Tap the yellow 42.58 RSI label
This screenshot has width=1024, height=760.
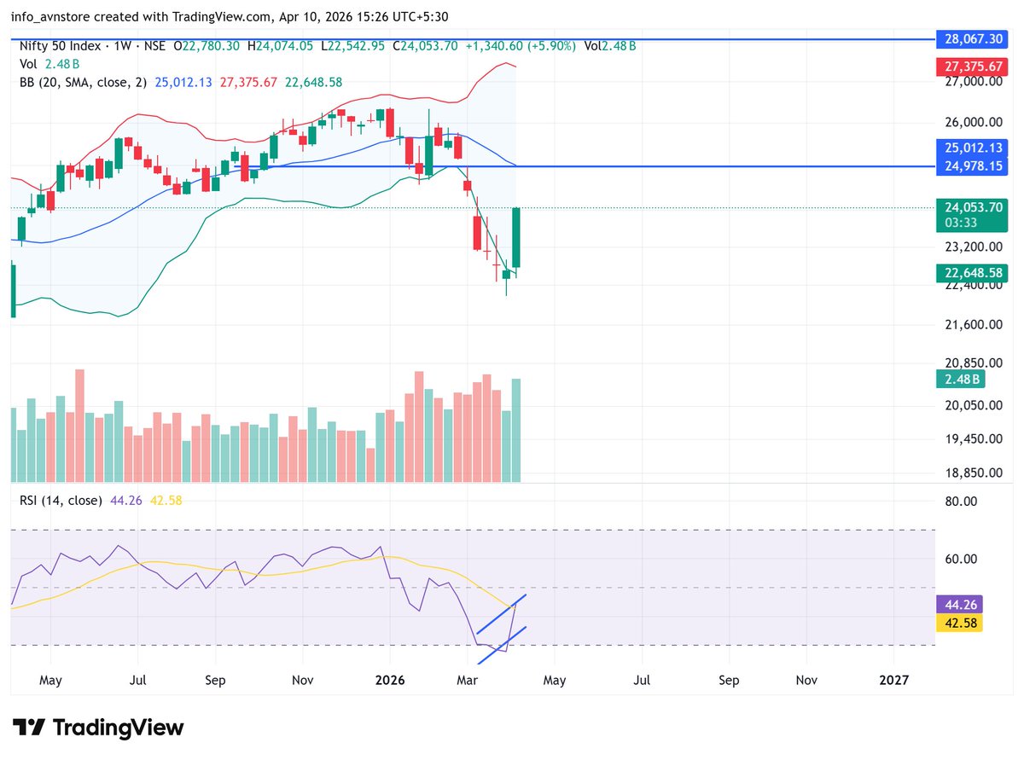(959, 622)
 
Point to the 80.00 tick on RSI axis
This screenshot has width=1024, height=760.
(963, 502)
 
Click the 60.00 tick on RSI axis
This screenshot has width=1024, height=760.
(963, 559)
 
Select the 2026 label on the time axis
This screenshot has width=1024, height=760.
(390, 681)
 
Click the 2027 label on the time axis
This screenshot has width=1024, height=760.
(893, 681)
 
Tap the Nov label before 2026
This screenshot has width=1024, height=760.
(303, 681)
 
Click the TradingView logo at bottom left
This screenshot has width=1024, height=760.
(99, 728)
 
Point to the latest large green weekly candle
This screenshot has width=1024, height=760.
(516, 238)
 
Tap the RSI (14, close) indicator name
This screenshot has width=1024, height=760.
(61, 500)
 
